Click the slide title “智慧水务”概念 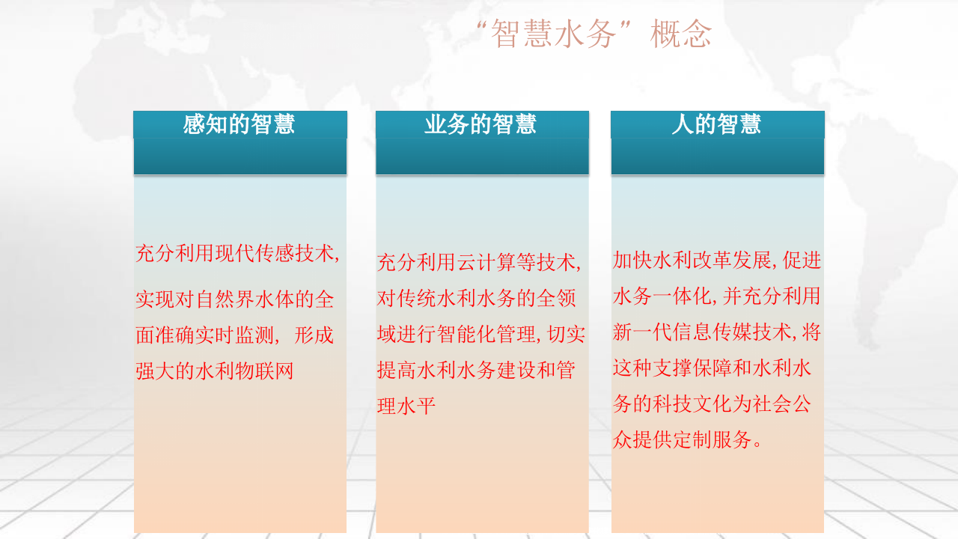pyautogui.click(x=594, y=34)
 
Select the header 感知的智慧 pyautogui.click(x=239, y=124)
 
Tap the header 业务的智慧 pyautogui.click(x=480, y=124)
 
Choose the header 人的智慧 pyautogui.click(x=716, y=124)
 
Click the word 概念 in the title pyautogui.click(x=681, y=34)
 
